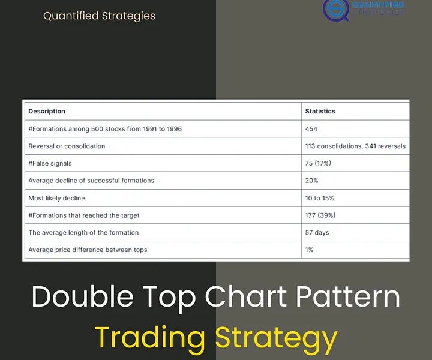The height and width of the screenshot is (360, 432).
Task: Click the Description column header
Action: (x=47, y=111)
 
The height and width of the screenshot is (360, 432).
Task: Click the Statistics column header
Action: (x=320, y=111)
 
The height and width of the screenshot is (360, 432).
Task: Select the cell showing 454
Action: (x=311, y=129)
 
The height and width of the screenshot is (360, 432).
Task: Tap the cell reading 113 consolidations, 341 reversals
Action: (x=355, y=146)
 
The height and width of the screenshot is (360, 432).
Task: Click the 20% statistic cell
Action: (x=311, y=181)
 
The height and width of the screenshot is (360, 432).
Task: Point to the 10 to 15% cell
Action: (x=320, y=198)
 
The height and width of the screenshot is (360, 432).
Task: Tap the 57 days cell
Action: (x=317, y=233)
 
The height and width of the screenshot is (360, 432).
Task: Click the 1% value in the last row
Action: (x=309, y=250)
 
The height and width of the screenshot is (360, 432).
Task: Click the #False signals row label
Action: (x=54, y=163)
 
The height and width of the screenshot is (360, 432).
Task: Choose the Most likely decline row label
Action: (x=56, y=198)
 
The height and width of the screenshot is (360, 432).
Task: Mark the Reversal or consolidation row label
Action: (x=67, y=146)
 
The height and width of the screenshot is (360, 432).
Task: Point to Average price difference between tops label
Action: (x=88, y=250)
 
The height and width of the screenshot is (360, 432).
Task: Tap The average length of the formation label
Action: (x=83, y=233)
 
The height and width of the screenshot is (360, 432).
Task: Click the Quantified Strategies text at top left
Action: (x=99, y=16)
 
